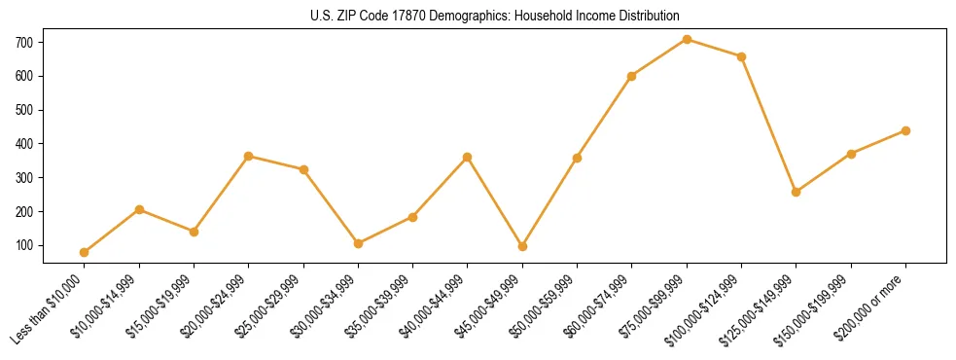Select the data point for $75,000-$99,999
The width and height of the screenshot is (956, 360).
[687, 39]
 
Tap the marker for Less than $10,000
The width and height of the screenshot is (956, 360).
[85, 252]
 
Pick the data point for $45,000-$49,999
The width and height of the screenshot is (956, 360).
[522, 246]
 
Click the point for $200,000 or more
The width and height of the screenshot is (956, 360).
[905, 130]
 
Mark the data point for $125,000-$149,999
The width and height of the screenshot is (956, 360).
[797, 192]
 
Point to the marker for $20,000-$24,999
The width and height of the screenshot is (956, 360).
[249, 156]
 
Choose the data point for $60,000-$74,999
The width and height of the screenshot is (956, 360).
[632, 76]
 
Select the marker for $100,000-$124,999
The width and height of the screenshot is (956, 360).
[741, 56]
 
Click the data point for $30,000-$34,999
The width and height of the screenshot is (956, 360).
[358, 243]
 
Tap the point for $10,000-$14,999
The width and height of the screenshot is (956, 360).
[139, 209]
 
